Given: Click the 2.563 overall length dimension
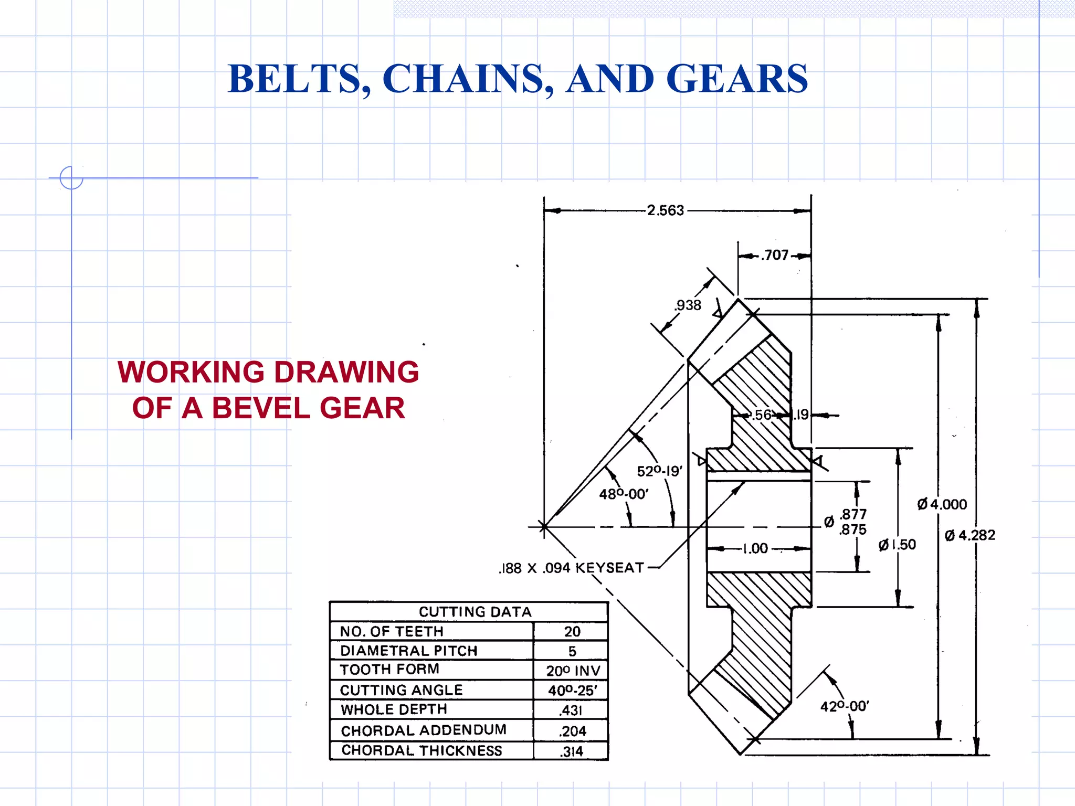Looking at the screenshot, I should (665, 210).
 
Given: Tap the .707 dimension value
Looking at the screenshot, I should (775, 256).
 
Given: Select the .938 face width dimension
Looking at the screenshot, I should (688, 305).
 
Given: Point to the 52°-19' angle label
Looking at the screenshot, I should (659, 471).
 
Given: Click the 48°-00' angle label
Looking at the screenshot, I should (624, 494).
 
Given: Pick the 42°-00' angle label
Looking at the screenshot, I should (845, 706).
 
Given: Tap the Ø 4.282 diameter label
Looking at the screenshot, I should (969, 535).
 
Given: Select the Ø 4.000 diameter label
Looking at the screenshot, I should (942, 504).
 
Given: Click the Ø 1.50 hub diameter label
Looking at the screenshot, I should (897, 545).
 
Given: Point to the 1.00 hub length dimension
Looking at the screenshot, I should (755, 549).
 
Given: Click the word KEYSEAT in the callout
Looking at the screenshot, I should (609, 568).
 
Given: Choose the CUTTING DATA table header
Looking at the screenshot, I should (475, 612).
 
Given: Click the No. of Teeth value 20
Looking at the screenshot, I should (572, 631).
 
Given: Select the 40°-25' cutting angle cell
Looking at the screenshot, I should (572, 691).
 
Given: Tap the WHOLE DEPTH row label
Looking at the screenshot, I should (394, 709).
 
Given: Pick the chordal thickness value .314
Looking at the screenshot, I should (572, 751).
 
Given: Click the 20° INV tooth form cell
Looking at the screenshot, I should (573, 671).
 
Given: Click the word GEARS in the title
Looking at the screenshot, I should (737, 79).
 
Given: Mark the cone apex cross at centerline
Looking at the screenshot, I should (544, 526).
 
